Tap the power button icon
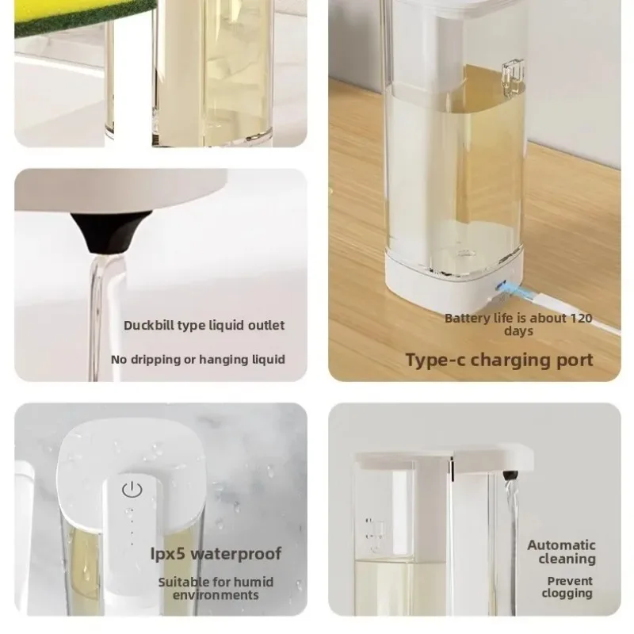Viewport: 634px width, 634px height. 131,490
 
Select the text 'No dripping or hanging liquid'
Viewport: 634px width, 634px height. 198,360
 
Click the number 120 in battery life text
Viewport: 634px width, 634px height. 580,319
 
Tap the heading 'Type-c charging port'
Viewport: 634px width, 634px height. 498,360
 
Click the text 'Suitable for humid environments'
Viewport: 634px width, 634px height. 216,588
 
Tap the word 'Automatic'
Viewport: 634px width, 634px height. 561,545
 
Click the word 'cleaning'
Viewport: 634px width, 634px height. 567,559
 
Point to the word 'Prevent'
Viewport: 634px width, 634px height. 570,580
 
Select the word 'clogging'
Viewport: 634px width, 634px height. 567,593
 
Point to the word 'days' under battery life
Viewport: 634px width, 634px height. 518,331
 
